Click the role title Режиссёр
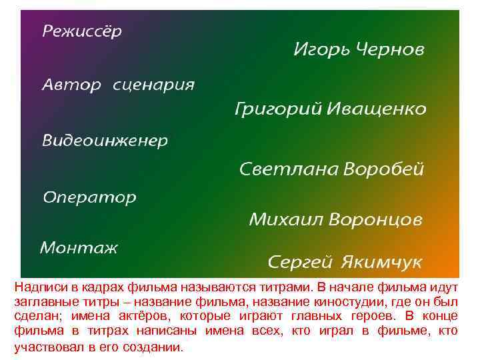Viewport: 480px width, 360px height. pyautogui.click(x=83, y=32)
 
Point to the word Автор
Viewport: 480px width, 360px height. pyautogui.click(x=72, y=85)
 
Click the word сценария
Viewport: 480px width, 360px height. pyautogui.click(x=154, y=86)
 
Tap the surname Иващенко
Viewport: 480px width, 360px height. pyautogui.click(x=377, y=108)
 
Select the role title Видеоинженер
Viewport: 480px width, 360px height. pyautogui.click(x=105, y=141)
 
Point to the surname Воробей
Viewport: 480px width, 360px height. pyautogui.click(x=384, y=169)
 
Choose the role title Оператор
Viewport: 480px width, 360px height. pyautogui.click(x=89, y=198)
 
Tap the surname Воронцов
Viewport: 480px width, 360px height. pyautogui.click(x=377, y=219)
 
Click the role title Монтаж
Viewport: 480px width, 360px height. pyautogui.click(x=79, y=248)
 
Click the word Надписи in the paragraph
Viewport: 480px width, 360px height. pyautogui.click(x=39, y=287)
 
